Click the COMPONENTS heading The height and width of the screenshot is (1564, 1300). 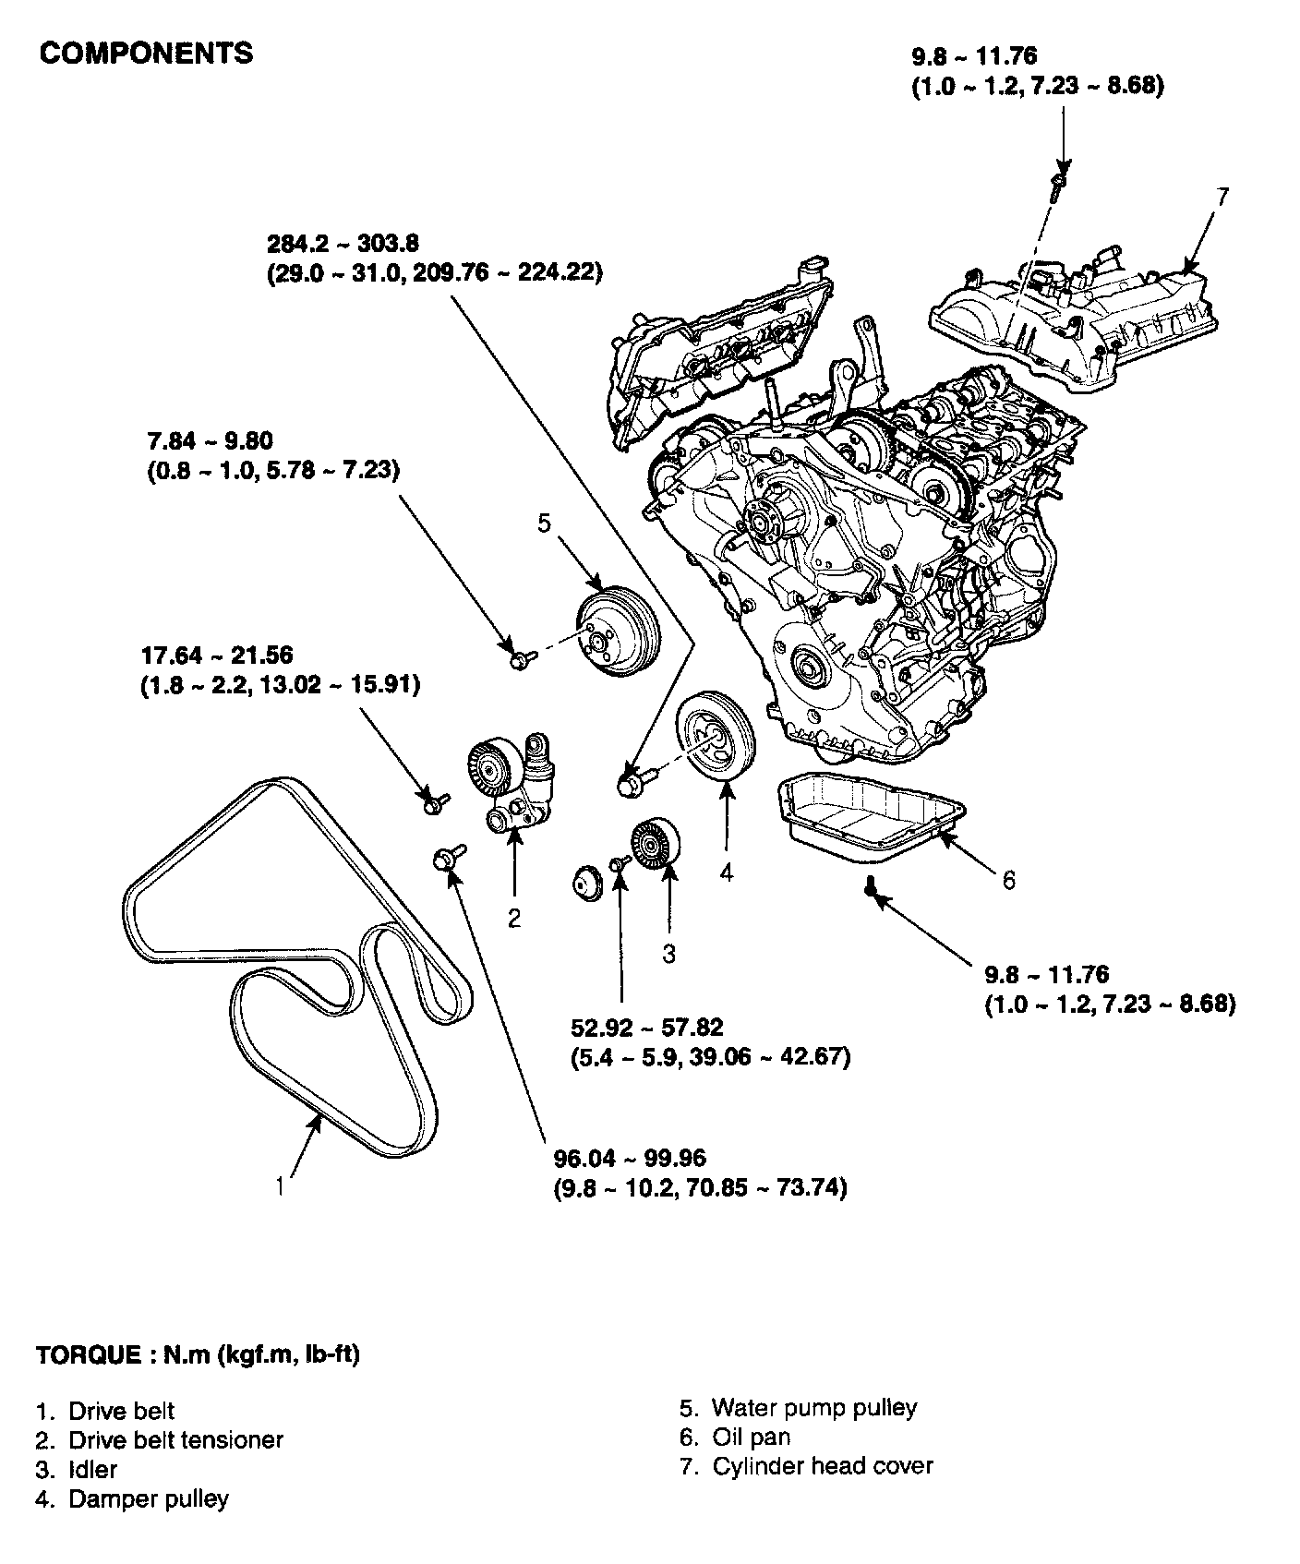146,54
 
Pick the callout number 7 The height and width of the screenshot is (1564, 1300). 1222,198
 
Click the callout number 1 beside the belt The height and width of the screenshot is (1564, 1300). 280,1185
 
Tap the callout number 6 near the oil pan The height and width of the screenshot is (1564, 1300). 1008,881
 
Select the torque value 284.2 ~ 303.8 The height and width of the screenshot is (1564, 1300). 343,244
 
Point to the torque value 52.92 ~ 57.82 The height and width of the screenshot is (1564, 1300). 646,1027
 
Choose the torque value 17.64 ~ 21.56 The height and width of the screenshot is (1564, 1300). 217,656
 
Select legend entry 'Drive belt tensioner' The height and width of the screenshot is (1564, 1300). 175,1439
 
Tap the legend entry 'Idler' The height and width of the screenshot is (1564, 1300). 92,1469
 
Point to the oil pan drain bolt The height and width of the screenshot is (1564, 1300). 871,887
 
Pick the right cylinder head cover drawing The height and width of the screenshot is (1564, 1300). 1071,323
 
